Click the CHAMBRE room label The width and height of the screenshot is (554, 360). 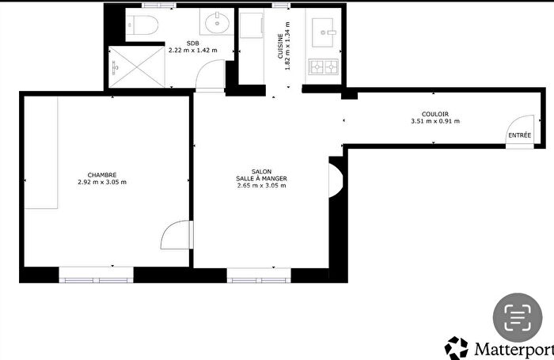pos(102,175)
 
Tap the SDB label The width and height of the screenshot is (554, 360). pos(193,43)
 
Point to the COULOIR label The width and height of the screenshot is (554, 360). pos(434,113)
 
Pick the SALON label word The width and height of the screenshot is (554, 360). pos(261,172)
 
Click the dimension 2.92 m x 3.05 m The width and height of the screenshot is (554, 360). pos(102,183)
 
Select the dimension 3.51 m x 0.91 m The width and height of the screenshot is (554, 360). pos(435,121)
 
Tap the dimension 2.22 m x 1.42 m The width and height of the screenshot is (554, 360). pos(193,50)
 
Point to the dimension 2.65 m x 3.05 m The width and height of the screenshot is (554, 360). pos(261,186)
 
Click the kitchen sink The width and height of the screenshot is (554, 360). pos(325,31)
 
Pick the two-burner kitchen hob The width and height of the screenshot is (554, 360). pos(324,66)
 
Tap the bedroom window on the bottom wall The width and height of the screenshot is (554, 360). pos(96,279)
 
